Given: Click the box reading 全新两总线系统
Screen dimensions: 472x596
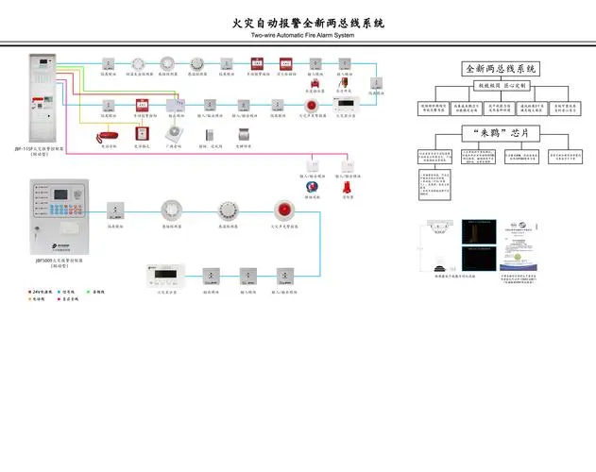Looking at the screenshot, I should coord(501,69).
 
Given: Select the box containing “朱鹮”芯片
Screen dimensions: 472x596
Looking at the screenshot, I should coord(501,132).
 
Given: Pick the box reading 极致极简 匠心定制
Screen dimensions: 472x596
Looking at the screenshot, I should coord(501,86).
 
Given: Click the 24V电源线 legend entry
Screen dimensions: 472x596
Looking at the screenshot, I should coord(43,292).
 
